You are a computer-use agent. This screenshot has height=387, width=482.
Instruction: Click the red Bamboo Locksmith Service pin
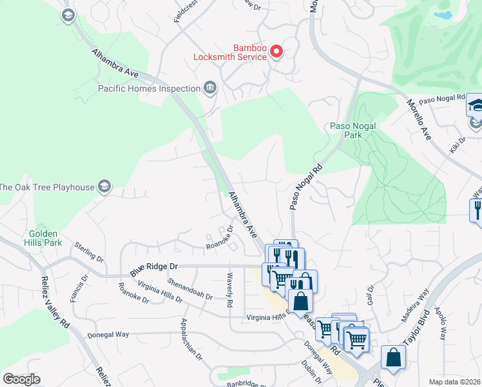point(276,50)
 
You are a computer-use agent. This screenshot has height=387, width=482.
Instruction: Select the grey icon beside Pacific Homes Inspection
point(209,88)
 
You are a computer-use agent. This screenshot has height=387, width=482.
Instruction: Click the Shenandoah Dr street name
point(189,288)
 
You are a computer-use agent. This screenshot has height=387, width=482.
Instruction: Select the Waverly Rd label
point(229,290)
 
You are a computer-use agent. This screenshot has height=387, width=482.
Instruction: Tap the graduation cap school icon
point(475,105)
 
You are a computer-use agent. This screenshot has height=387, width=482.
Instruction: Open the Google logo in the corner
point(21,379)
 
